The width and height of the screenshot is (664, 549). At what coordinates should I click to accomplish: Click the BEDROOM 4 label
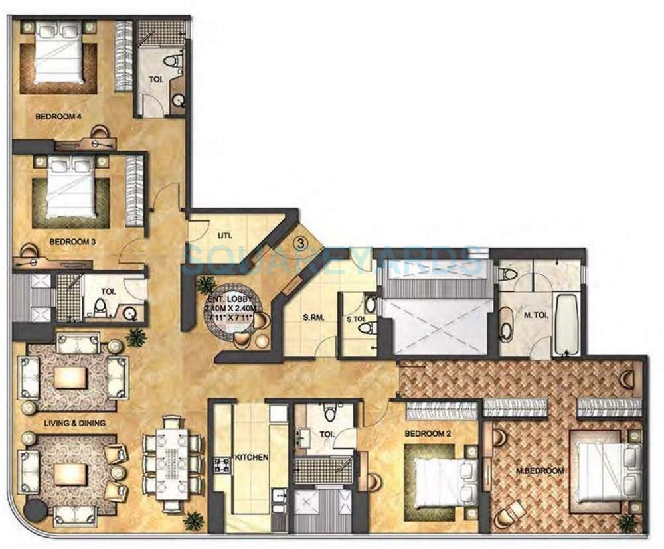[x=58, y=117]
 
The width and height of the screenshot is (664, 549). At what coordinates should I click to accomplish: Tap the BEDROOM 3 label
[x=73, y=242]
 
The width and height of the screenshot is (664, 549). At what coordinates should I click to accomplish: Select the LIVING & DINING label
[x=66, y=422]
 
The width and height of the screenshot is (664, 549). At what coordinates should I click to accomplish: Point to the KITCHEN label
[x=251, y=457]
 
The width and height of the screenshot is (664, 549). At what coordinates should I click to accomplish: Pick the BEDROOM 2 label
[x=428, y=433]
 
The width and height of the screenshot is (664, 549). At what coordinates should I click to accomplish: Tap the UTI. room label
[x=224, y=235]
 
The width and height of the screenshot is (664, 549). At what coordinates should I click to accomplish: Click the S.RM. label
[x=294, y=317]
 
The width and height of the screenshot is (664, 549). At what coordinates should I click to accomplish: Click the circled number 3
[x=301, y=243]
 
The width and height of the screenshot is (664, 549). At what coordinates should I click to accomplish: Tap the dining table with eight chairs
[x=172, y=463]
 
